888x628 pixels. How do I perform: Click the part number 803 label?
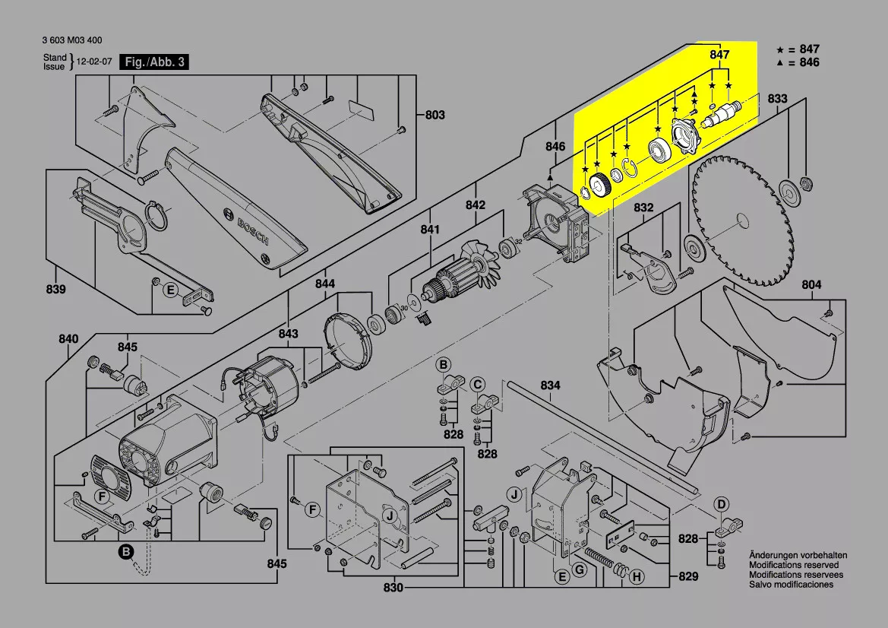[435, 116]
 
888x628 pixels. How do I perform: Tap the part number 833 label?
[777, 99]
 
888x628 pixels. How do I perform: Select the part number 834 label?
[550, 386]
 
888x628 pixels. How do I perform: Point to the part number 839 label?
[55, 289]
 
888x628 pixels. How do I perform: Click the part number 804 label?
[811, 285]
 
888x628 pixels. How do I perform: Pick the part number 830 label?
[393, 588]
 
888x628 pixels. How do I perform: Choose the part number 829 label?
[687, 577]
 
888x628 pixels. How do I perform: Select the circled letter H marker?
[636, 578]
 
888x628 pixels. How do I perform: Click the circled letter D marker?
[722, 503]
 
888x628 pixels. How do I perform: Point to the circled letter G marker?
[579, 569]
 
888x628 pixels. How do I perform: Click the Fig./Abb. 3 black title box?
[154, 62]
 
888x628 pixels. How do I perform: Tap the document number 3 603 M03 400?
[73, 41]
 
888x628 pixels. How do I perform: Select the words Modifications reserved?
[794, 566]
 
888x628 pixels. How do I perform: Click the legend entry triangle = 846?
[798, 62]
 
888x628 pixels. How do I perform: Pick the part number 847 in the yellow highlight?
[719, 55]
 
